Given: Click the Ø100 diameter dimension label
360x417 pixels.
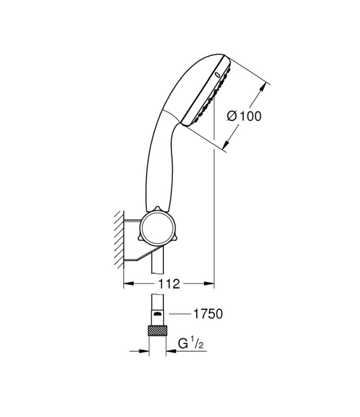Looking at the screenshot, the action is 244,116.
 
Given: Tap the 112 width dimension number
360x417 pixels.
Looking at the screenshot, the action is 169,284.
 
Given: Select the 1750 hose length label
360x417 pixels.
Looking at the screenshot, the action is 208,314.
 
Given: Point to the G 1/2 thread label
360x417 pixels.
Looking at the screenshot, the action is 190,344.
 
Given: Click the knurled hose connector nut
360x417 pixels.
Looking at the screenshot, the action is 157,330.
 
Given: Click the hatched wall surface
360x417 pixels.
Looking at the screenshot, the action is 119,240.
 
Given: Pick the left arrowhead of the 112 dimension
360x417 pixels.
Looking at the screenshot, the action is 129,284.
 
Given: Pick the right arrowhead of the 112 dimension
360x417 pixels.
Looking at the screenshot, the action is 209,284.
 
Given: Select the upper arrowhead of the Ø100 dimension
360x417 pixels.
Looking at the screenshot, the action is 263,88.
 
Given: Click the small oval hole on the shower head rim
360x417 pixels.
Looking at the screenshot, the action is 218,75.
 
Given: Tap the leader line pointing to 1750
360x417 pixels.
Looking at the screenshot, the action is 180,314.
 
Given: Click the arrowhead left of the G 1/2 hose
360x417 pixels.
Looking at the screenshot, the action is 144,351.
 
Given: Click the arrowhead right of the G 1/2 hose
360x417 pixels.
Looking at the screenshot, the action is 171,351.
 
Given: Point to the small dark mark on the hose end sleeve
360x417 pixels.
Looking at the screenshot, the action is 157,314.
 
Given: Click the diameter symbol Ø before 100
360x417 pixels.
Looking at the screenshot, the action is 232,116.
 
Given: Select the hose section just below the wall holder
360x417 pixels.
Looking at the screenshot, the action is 157,263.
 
